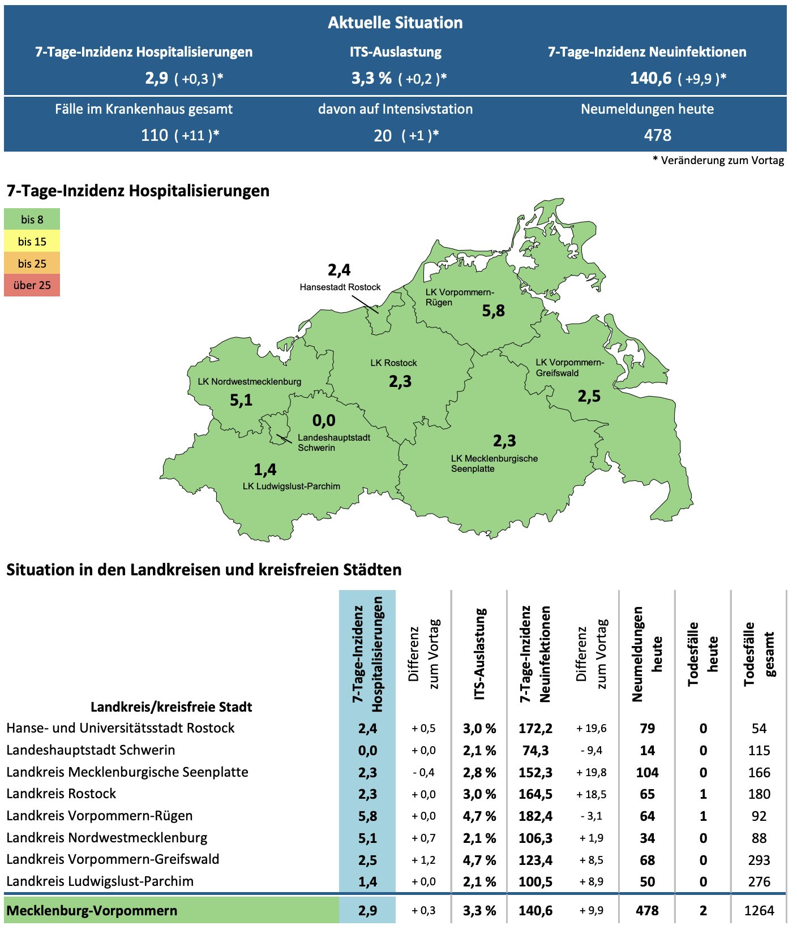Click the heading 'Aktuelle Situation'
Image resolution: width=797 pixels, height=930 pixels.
(x=395, y=23)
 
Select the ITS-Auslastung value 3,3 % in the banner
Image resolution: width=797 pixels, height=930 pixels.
(x=371, y=78)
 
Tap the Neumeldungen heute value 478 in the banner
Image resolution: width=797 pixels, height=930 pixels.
(x=657, y=135)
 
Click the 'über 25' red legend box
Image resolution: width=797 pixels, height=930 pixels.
(x=32, y=285)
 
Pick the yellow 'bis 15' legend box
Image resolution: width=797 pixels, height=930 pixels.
(x=32, y=242)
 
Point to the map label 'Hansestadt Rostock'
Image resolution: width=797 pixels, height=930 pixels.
(x=340, y=287)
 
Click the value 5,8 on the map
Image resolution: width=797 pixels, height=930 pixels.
(x=493, y=311)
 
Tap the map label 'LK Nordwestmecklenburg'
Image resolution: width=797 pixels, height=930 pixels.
(x=249, y=382)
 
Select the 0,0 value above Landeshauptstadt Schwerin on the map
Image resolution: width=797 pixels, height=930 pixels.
(x=324, y=420)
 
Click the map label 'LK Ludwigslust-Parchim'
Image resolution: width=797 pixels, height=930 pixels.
(x=291, y=486)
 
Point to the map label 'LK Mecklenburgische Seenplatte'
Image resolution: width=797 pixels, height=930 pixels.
(x=494, y=464)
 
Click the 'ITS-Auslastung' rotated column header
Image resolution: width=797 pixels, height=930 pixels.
(x=479, y=654)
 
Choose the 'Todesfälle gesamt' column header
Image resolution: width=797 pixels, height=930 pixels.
(x=759, y=654)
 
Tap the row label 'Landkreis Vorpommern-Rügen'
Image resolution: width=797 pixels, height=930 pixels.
(x=100, y=816)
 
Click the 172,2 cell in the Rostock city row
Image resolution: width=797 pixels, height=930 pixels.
(x=535, y=729)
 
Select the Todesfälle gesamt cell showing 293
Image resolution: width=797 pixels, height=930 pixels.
(x=759, y=860)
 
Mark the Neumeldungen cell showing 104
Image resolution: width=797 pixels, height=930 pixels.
(x=647, y=772)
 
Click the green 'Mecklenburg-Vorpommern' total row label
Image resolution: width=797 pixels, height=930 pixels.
(x=92, y=911)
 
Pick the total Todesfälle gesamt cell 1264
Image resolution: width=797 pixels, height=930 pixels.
(x=759, y=911)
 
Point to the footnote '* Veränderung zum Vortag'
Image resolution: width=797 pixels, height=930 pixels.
(x=718, y=161)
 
